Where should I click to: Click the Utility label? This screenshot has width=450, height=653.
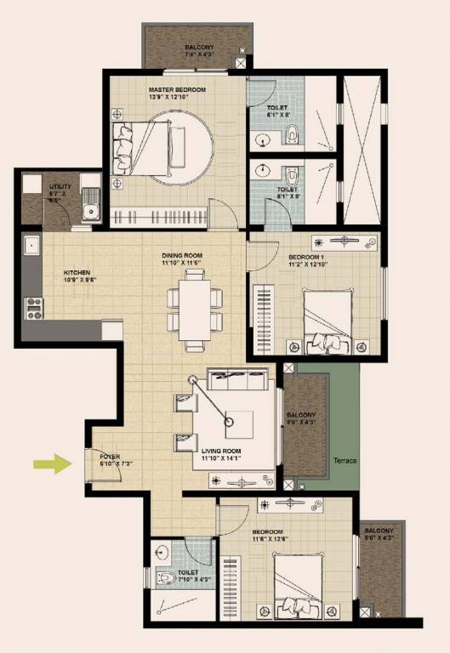(x=59, y=185)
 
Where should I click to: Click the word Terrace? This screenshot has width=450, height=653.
(x=345, y=461)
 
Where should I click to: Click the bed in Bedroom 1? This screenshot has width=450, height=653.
(x=327, y=319)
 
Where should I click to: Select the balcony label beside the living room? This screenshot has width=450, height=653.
(x=303, y=416)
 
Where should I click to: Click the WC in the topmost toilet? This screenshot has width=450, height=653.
(x=293, y=132)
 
